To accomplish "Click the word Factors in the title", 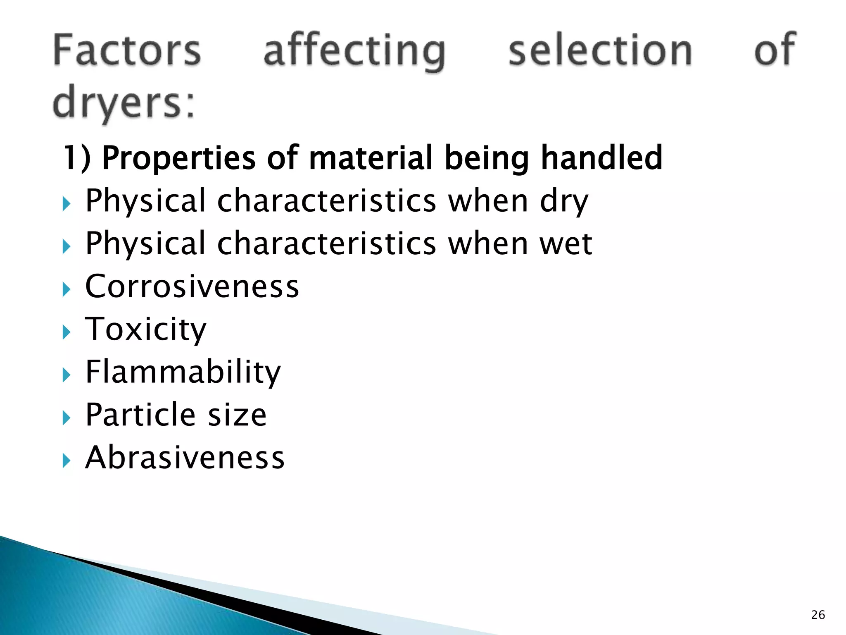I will tap(127, 50).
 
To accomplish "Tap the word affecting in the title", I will tap(354, 51).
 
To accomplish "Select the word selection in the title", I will tap(600, 50).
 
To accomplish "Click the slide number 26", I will tap(818, 615).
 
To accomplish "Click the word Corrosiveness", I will tap(192, 286).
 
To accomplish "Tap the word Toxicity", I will tap(145, 329).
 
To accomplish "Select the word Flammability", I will tap(183, 372).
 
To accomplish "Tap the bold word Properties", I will tap(178, 158).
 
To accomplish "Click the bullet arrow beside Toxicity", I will tap(67, 332).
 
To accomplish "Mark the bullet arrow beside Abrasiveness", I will tap(67, 460).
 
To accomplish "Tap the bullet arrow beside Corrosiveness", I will tap(67, 289).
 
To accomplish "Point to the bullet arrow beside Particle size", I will tap(67, 418).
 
